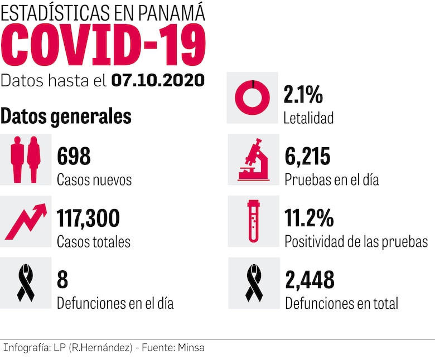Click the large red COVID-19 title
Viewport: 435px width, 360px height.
103,46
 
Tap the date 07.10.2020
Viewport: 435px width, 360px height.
158,81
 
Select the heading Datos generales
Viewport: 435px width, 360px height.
66,116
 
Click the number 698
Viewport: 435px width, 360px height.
74,157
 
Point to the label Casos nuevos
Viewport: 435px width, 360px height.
94,180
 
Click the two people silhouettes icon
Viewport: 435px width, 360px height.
26,159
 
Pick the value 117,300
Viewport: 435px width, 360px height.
88,218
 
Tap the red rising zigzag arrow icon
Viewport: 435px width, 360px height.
26,221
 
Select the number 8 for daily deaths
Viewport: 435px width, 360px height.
62,280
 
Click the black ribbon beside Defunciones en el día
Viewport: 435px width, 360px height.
26,283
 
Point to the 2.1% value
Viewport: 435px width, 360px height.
303,95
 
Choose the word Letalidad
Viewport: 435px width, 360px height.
308,118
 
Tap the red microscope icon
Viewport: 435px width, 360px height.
254,160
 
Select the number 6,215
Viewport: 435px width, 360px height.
307,157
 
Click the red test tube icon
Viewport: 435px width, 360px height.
253,221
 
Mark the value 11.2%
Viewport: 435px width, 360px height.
308,218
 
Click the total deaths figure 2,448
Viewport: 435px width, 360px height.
310,280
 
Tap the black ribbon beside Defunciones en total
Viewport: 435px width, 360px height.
254,283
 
